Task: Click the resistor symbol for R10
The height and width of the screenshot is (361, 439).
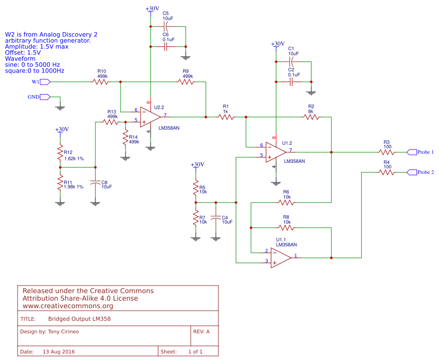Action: pyautogui.click(x=100, y=81)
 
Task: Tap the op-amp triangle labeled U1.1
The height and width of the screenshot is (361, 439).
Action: pyautogui.click(x=280, y=257)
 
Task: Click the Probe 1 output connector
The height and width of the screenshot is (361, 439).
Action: pyautogui.click(x=411, y=152)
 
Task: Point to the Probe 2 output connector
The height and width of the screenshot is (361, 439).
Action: pyautogui.click(x=411, y=172)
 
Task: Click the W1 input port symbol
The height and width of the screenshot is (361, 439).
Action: pyautogui.click(x=45, y=81)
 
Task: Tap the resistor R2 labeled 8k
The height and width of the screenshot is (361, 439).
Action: pyautogui.click(x=311, y=117)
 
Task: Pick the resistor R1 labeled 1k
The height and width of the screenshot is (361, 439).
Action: pyautogui.click(x=226, y=117)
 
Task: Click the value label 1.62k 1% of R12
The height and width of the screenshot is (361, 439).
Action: pyautogui.click(x=74, y=158)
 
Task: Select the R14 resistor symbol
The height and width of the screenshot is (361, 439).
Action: pyautogui.click(x=125, y=139)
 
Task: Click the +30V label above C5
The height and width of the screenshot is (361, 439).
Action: pyautogui.click(x=152, y=9)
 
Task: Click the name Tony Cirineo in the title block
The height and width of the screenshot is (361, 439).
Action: pyautogui.click(x=64, y=332)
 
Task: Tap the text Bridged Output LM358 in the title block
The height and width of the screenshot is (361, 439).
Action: pyautogui.click(x=79, y=319)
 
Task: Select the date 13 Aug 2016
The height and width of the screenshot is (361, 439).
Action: pyautogui.click(x=59, y=351)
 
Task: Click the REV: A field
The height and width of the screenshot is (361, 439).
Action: pyautogui.click(x=201, y=332)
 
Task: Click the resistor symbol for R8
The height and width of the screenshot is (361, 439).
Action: pyautogui.click(x=286, y=227)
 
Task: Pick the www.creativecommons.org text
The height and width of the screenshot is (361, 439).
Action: pyautogui.click(x=68, y=306)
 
